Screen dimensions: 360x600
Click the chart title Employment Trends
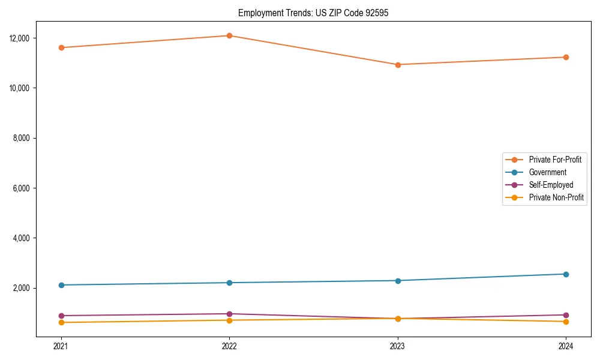pyautogui.click(x=313, y=13)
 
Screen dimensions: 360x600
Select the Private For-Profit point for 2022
pyautogui.click(x=229, y=35)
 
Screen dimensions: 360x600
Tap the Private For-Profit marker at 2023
pyautogui.click(x=398, y=65)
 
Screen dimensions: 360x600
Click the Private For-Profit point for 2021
pyautogui.click(x=61, y=47)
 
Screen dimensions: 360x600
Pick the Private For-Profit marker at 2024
pyautogui.click(x=566, y=57)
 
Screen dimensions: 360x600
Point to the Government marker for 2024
pyautogui.click(x=566, y=274)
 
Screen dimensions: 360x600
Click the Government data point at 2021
pyautogui.click(x=61, y=285)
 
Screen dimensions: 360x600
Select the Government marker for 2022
pyautogui.click(x=229, y=283)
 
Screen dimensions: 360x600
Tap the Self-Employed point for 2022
pyautogui.click(x=229, y=314)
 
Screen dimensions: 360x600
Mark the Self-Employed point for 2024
pyautogui.click(x=566, y=315)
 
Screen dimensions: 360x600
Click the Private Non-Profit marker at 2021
pyautogui.click(x=61, y=323)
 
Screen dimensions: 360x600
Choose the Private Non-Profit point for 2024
pyautogui.click(x=566, y=322)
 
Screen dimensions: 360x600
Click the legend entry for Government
pyautogui.click(x=547, y=172)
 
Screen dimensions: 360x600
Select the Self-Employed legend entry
pyautogui.click(x=551, y=185)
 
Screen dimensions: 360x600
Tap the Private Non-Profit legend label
pyautogui.click(x=556, y=197)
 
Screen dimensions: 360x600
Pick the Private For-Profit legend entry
pyautogui.click(x=554, y=160)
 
